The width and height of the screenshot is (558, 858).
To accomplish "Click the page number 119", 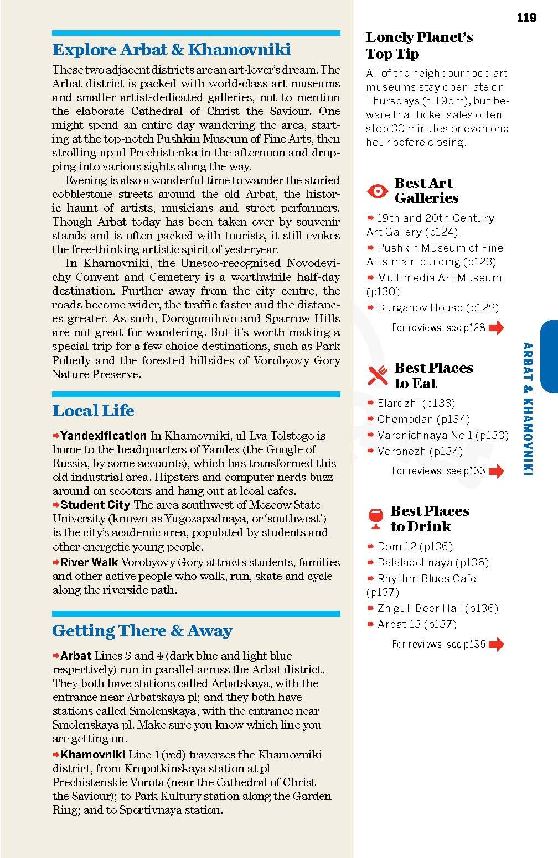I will point(526,18).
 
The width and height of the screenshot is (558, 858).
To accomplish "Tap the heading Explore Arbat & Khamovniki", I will point(171,50).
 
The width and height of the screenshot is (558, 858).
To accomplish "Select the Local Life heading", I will point(93,411).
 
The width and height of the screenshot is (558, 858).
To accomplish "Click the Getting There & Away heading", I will point(142,631).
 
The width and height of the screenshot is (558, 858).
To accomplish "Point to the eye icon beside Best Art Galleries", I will point(378,191).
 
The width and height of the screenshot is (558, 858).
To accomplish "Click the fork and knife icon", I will point(378,376).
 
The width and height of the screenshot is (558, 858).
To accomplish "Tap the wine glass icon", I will point(375,519).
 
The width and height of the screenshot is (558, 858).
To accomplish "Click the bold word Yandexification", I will point(104,436).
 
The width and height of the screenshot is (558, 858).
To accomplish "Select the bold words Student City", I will point(95,505).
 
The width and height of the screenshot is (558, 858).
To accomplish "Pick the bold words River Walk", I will point(89,562).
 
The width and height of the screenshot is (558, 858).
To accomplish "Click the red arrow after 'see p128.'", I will point(497,328).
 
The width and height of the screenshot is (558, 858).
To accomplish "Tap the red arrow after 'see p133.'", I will point(497,471).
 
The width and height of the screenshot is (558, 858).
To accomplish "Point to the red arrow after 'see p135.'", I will point(497,644).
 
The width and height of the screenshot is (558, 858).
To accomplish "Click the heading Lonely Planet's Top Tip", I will point(419,46).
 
